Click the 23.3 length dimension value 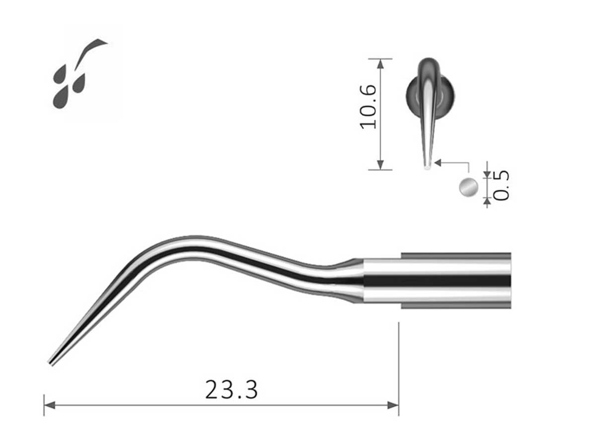(231, 390)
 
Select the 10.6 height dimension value (369, 107)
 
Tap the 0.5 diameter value (502, 185)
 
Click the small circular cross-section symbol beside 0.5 (468, 187)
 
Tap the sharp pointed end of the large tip (50, 363)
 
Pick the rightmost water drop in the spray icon (79, 83)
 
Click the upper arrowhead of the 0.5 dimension (487, 174)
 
